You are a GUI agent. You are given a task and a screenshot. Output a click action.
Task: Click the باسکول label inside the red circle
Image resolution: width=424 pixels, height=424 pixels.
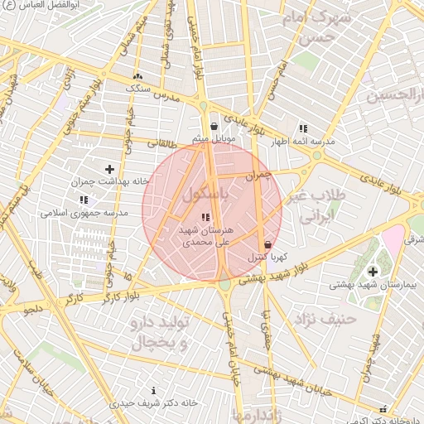tap(204, 195)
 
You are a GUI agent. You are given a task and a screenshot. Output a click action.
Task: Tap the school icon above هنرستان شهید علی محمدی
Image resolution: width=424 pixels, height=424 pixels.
tap(205, 217)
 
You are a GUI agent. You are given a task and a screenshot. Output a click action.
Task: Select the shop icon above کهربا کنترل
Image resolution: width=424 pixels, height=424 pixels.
tap(267, 245)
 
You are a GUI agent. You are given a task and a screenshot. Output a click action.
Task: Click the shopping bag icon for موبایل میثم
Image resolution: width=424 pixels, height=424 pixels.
tap(214, 127)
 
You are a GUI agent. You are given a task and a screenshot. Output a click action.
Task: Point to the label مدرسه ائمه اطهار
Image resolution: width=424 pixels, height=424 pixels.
tap(306, 142)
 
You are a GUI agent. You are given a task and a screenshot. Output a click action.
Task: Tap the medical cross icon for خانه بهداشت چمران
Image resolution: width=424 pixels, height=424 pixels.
tap(109, 169)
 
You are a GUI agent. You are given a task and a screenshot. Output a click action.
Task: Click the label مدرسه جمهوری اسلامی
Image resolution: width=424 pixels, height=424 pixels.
tap(84, 213)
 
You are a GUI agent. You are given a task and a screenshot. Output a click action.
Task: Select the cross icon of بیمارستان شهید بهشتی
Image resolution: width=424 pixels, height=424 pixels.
tap(372, 272)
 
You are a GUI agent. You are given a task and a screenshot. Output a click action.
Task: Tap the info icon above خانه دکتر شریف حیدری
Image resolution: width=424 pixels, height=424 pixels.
tap(153, 390)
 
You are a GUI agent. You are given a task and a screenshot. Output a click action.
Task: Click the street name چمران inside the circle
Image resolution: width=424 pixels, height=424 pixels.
tap(259, 176)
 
